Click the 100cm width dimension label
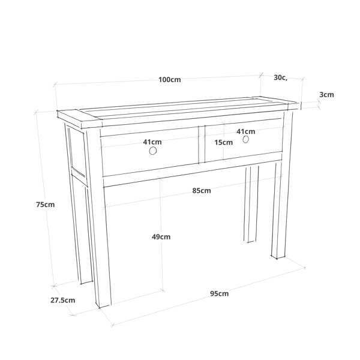pos(170,80)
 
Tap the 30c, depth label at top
pos(281,77)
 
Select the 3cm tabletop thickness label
pos(326,95)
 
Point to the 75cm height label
pos(46,205)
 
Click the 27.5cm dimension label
pos(62,300)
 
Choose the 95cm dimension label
pos(219,293)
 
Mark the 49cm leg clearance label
pos(161,237)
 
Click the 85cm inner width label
pos(202,191)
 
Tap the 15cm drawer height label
pos(224,142)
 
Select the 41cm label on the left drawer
pos(152,142)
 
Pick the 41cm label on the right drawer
pos(245,131)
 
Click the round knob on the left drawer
pos(153,151)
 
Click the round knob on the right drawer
pos(245,139)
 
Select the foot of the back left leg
pos(86,282)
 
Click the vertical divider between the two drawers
pos(202,144)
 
